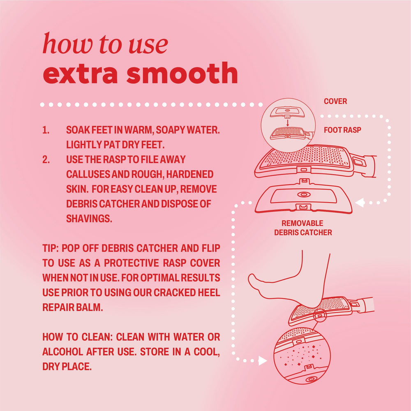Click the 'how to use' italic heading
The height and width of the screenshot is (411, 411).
pyautogui.click(x=105, y=44)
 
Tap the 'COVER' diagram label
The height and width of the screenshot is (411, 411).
pyautogui.click(x=335, y=101)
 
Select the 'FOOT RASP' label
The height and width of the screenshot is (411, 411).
pyautogui.click(x=342, y=130)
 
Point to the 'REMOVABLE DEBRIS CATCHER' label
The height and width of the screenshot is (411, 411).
pyautogui.click(x=303, y=228)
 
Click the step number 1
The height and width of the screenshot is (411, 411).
pyautogui.click(x=46, y=130)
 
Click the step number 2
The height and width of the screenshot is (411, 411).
pyautogui.click(x=46, y=159)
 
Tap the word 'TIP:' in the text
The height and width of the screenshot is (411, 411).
pyautogui.click(x=51, y=248)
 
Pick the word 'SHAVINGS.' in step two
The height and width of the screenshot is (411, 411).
pyautogui.click(x=89, y=218)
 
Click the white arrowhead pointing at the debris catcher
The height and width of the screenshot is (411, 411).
pyautogui.click(x=360, y=202)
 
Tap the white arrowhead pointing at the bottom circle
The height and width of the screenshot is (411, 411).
pyautogui.click(x=263, y=361)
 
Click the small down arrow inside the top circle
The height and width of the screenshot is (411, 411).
pyautogui.click(x=288, y=123)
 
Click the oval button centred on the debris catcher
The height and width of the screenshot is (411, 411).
pyautogui.click(x=304, y=194)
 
